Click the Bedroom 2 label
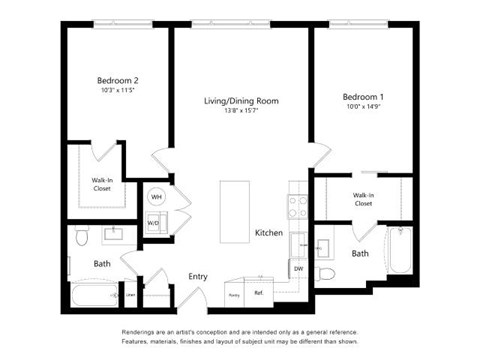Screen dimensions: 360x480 pyautogui.click(x=117, y=80)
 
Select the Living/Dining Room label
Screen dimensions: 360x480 pyautogui.click(x=241, y=101)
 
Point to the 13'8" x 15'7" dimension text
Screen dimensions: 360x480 pyautogui.click(x=241, y=111)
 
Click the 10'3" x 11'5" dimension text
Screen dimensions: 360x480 pyautogui.click(x=117, y=91)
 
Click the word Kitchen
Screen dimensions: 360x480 pyautogui.click(x=269, y=232)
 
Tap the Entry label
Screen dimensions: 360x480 pyautogui.click(x=198, y=276)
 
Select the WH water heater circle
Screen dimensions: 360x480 pyautogui.click(x=156, y=197)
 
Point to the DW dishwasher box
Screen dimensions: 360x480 pyautogui.click(x=298, y=268)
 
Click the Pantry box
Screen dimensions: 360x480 pyautogui.click(x=234, y=294)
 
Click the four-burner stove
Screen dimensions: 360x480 pyautogui.click(x=297, y=206)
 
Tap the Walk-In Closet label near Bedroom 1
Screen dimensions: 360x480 pyautogui.click(x=363, y=199)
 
